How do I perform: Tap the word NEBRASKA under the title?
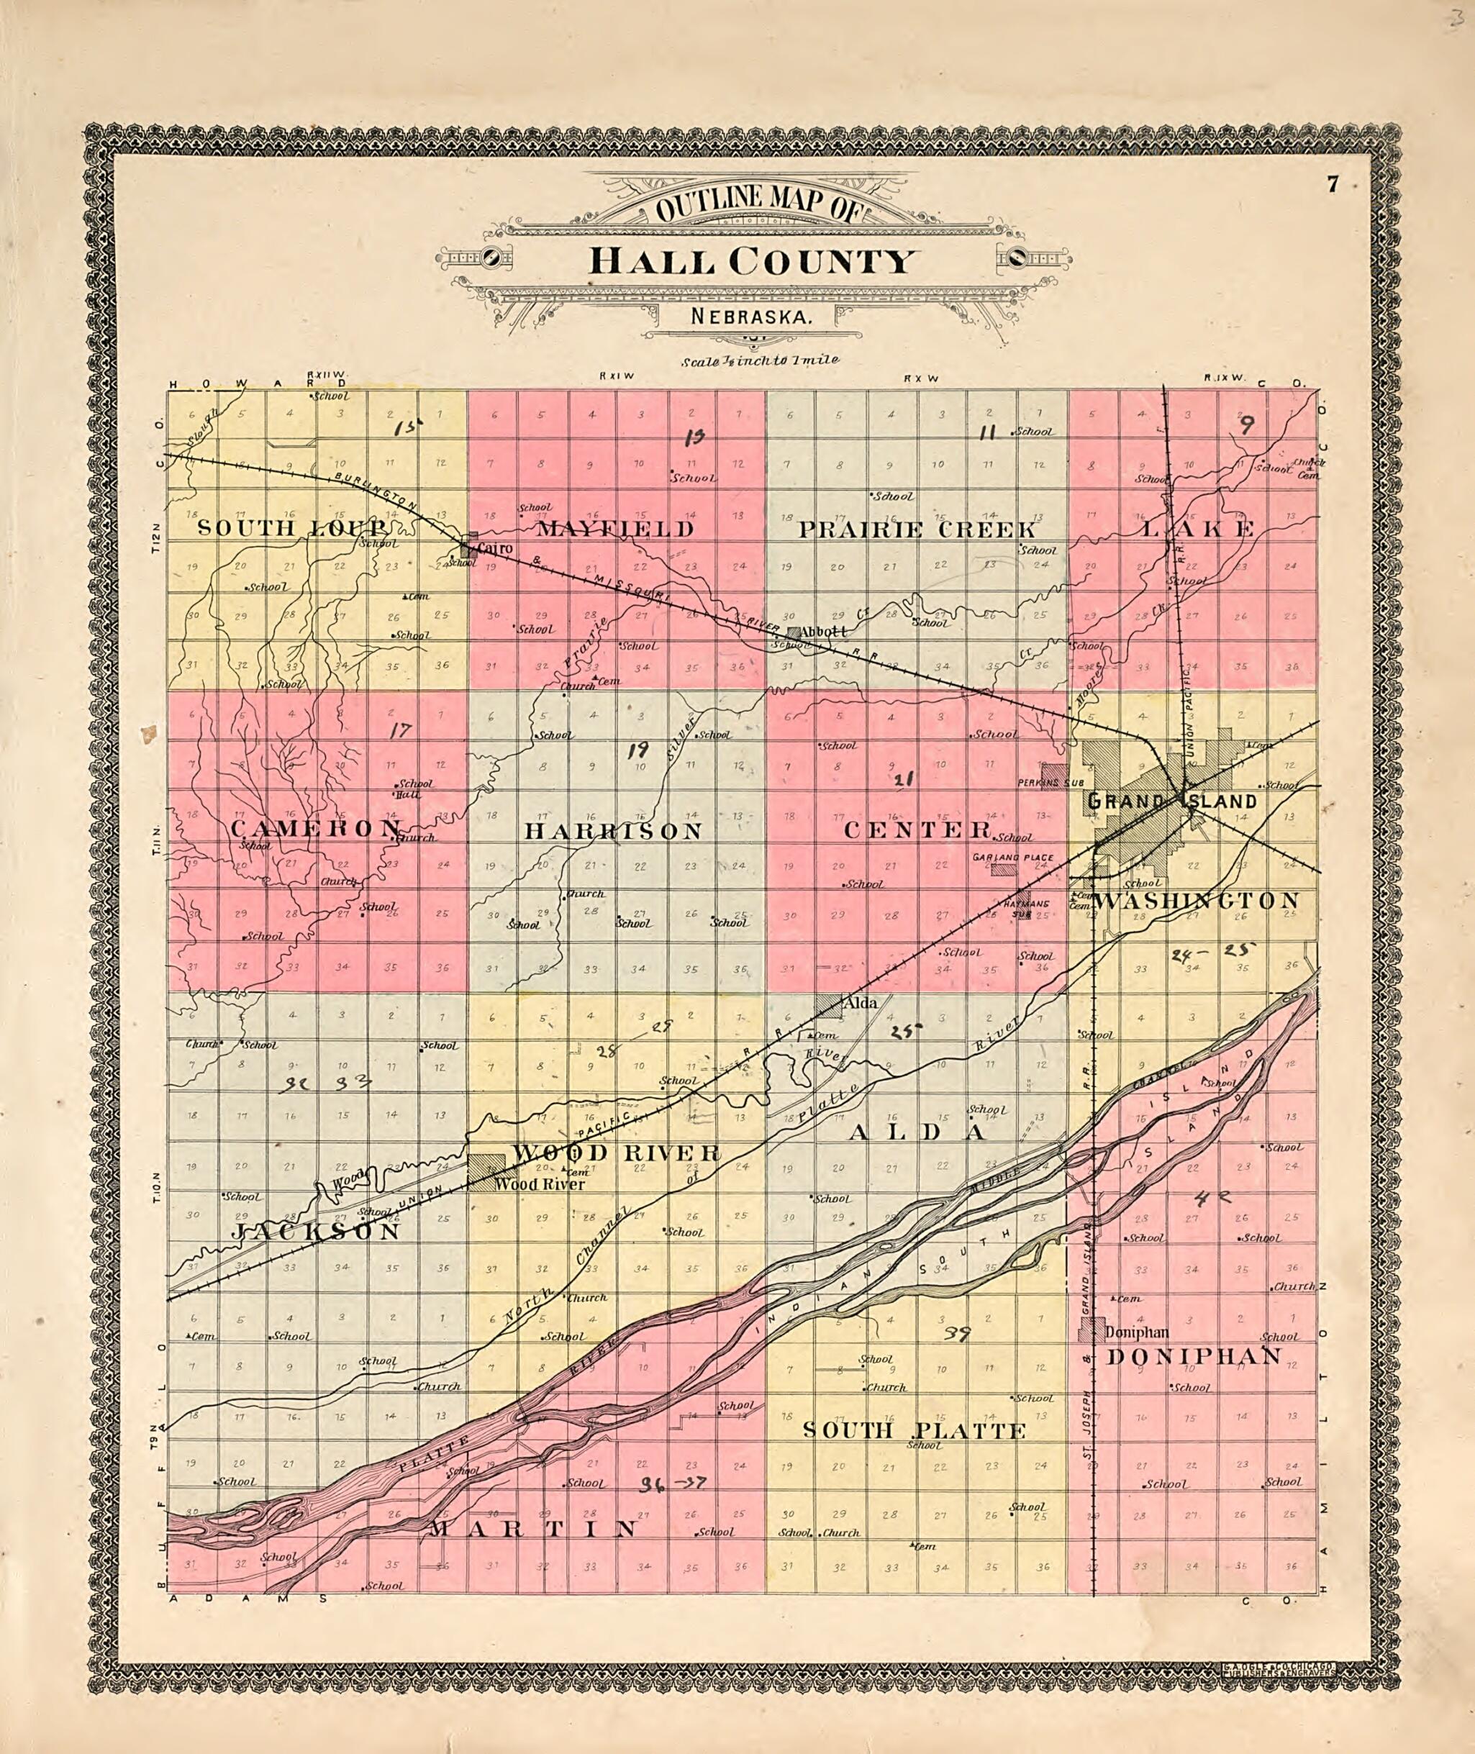pyautogui.click(x=752, y=318)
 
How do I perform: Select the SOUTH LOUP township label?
pyautogui.click(x=291, y=528)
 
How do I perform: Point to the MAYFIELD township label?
pyautogui.click(x=615, y=530)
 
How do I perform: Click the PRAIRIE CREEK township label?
pyautogui.click(x=917, y=530)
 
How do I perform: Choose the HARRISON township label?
pyautogui.click(x=613, y=831)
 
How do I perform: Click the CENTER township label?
pyautogui.click(x=917, y=830)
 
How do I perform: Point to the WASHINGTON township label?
pyautogui.click(x=1196, y=901)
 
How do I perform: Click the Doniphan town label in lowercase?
pyautogui.click(x=1135, y=1332)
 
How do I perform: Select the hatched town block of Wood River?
pyautogui.click(x=486, y=1171)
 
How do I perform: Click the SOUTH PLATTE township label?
pyautogui.click(x=914, y=1430)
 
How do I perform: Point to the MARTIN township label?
pyautogui.click(x=533, y=1529)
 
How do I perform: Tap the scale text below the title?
pyautogui.click(x=758, y=362)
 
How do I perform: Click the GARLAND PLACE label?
pyautogui.click(x=1012, y=858)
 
